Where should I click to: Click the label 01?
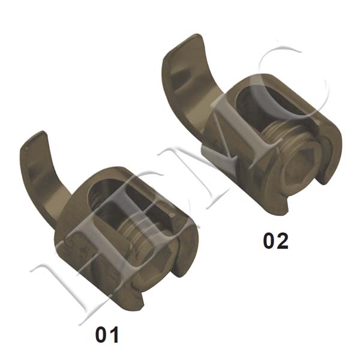(x=107, y=334)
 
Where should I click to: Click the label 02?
(x=275, y=241)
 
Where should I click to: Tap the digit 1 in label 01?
(x=115, y=334)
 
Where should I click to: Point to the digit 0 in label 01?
(x=101, y=334)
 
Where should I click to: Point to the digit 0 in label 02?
(x=269, y=241)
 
